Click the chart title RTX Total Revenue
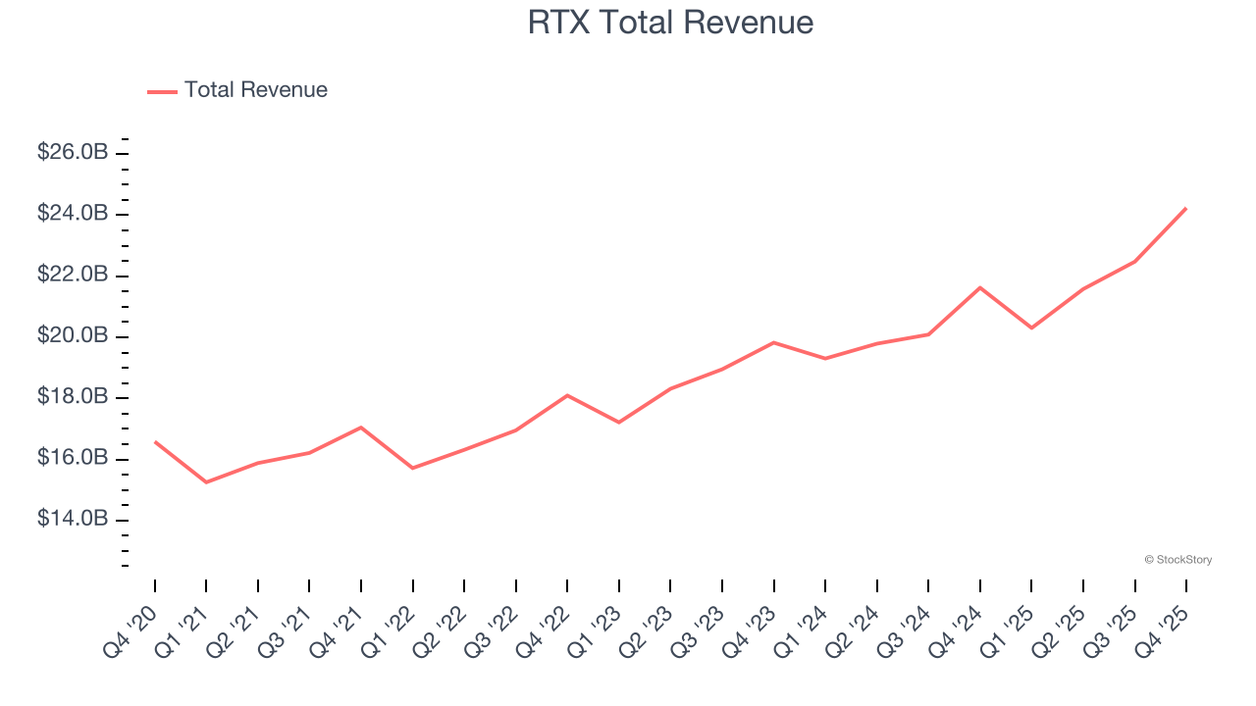tap(670, 22)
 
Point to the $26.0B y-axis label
tap(73, 153)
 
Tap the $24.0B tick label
tap(73, 214)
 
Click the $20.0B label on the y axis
tap(73, 336)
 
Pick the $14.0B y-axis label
tap(73, 519)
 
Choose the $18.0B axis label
tap(73, 397)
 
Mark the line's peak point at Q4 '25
tap(1186, 208)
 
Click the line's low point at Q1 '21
tap(206, 482)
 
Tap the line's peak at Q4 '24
tap(979, 287)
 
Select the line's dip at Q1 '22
tap(412, 468)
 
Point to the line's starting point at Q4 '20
tap(155, 441)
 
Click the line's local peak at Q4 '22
tap(567, 395)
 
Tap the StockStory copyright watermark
tap(1177, 560)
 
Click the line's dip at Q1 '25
tap(1031, 328)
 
